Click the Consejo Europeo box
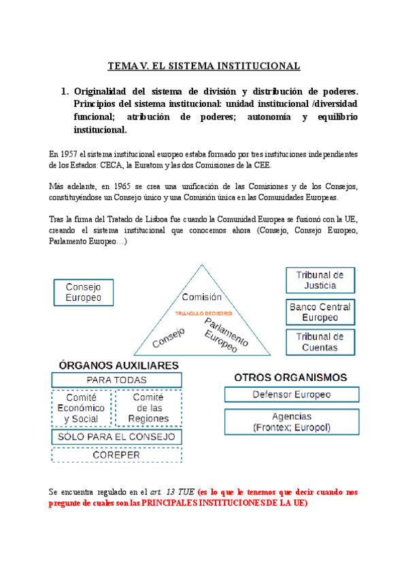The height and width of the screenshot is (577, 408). point(83,293)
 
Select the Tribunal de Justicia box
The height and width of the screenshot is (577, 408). point(320,280)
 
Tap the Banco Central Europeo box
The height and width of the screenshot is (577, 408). point(320,312)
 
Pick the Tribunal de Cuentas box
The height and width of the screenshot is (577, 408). point(320,342)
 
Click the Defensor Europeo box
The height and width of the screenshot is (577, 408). point(291,395)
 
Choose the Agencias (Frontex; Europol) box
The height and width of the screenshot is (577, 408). point(291,422)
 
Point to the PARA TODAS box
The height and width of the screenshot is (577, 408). point(116,380)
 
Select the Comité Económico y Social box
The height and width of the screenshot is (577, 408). point(82,408)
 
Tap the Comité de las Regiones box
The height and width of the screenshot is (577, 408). point(148,408)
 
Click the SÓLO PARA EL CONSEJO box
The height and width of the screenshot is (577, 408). point(116,437)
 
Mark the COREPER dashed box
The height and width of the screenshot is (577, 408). point(116,455)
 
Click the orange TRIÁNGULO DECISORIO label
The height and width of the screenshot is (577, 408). point(204,314)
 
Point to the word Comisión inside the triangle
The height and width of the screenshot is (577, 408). point(202,297)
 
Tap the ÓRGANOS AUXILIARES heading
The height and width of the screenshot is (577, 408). point(118,365)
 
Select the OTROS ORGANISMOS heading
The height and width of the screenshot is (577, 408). point(290,377)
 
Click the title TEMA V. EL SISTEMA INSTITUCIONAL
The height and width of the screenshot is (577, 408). point(204,66)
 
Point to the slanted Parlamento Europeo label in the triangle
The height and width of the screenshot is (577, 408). point(222,335)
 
